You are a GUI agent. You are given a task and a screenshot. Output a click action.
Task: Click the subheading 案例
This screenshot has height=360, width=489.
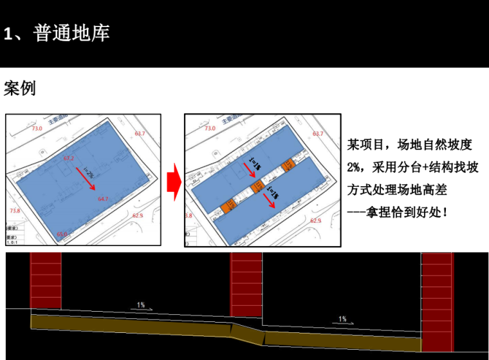[20, 88]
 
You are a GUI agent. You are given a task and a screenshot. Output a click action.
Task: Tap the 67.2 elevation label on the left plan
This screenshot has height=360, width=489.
[69, 158]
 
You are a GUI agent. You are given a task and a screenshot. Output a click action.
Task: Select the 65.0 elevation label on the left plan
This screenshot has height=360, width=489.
[62, 234]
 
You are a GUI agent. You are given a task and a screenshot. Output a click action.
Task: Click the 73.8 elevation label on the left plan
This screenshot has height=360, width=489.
[15, 211]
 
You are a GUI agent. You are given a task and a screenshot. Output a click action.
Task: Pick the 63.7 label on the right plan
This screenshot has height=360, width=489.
[317, 134]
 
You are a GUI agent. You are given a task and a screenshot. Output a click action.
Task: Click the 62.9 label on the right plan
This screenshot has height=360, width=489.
[315, 221]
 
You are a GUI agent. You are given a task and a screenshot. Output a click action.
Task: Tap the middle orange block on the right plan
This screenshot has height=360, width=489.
[257, 187]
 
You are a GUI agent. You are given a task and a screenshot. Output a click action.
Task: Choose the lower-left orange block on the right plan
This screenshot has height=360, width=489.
[226, 206]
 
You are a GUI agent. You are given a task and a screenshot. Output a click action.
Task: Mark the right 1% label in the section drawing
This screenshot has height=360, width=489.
[342, 318]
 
